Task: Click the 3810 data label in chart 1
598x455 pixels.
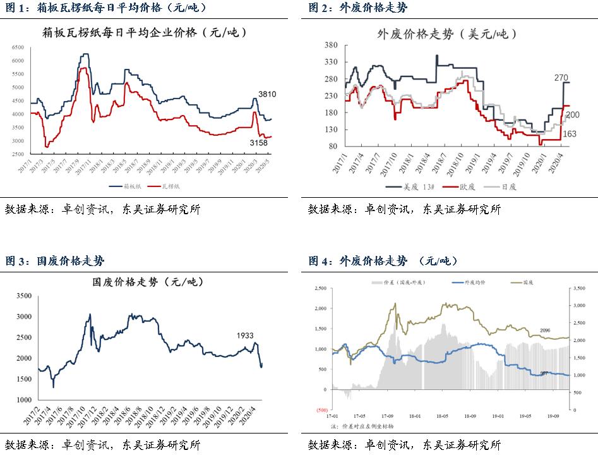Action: click(267, 94)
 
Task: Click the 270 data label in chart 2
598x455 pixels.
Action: click(561, 78)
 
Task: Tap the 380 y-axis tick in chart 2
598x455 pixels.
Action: click(331, 45)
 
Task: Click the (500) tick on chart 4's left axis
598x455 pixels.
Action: click(323, 409)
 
